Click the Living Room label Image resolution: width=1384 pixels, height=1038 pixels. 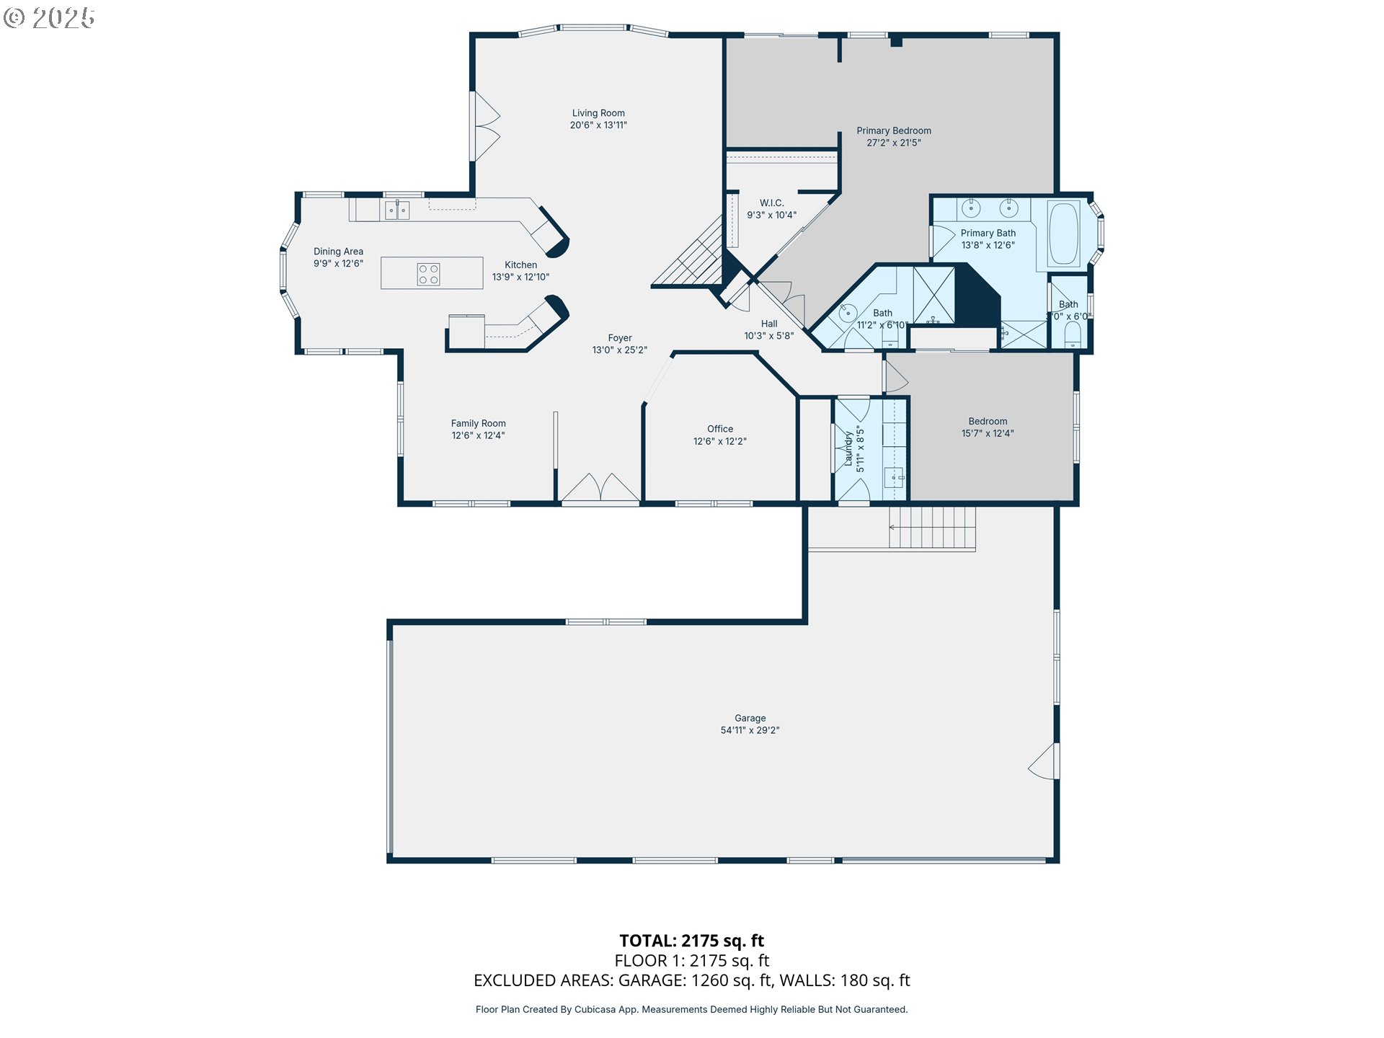(598, 113)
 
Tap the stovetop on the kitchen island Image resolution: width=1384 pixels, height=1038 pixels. (429, 275)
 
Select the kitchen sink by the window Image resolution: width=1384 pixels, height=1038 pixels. (396, 210)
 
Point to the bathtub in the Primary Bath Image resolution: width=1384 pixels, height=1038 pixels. (1063, 234)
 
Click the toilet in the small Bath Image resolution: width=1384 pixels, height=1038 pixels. (1073, 334)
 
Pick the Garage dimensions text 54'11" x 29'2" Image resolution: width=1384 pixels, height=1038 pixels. (750, 730)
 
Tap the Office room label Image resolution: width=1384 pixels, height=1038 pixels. (720, 429)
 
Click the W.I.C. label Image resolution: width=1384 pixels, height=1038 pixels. (771, 203)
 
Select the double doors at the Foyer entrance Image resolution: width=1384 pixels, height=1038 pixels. (600, 487)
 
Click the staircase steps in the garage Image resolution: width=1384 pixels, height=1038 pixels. (932, 528)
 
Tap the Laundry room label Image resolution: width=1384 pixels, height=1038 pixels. (848, 448)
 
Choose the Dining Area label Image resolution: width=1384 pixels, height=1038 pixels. (338, 252)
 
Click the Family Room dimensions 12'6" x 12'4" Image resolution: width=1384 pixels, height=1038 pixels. (478, 435)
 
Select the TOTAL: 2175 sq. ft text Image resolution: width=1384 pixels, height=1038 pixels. (692, 941)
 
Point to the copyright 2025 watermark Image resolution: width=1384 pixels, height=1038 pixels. (49, 18)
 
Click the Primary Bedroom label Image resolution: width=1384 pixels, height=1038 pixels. (894, 130)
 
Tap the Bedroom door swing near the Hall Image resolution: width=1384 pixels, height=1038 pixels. (896, 376)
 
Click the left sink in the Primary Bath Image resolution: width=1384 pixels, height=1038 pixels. (971, 209)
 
